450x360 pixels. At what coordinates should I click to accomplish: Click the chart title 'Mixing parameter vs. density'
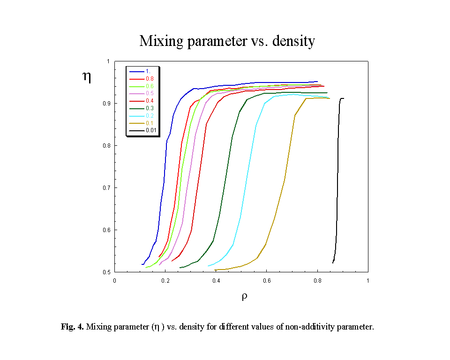click(227, 41)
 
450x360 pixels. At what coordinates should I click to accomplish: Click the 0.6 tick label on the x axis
click(267, 280)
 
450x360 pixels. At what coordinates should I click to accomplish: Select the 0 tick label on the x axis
click(115, 280)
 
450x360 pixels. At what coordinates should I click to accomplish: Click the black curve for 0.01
click(337, 187)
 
